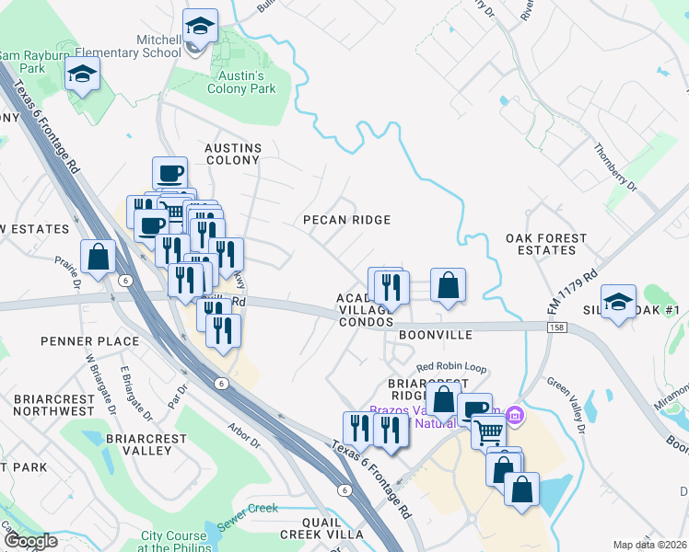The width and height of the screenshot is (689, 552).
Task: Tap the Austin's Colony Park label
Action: click(240, 83)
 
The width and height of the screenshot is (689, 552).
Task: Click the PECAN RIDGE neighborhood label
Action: click(348, 220)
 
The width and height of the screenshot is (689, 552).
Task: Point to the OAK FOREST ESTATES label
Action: click(546, 244)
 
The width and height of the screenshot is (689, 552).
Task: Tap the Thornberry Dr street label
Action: click(616, 167)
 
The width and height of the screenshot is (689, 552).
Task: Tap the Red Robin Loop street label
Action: click(451, 367)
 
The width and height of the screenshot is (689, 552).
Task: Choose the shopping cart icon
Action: click(488, 430)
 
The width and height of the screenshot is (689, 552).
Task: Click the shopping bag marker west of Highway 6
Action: click(98, 259)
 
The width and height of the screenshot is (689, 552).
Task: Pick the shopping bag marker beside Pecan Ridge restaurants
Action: click(447, 285)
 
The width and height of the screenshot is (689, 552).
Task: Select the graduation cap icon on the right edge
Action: click(618, 301)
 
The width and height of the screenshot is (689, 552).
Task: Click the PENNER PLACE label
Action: click(90, 341)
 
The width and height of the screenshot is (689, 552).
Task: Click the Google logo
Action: click(29, 541)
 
